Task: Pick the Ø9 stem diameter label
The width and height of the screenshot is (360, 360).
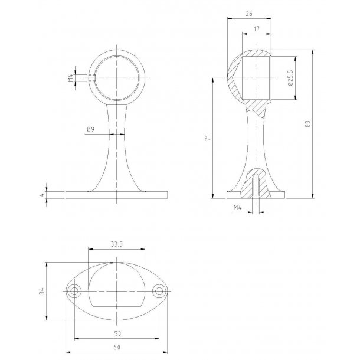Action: pyautogui.click(x=90, y=129)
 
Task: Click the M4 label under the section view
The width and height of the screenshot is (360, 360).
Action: pyautogui.click(x=238, y=208)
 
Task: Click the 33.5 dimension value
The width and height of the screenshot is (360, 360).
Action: pyautogui.click(x=116, y=243)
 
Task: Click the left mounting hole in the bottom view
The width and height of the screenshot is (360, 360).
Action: pyautogui.click(x=75, y=292)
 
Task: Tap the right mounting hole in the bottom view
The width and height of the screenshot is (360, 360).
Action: pyautogui.click(x=159, y=292)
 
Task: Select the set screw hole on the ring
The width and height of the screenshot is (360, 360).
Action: pyautogui.click(x=93, y=78)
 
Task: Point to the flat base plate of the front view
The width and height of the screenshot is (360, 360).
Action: pyautogui.click(x=117, y=195)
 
